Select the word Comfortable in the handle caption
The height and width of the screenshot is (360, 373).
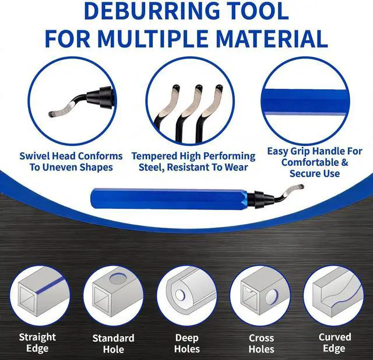[x=311, y=162]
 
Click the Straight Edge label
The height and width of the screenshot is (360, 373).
[x=37, y=342]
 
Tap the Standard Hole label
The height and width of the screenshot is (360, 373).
[x=113, y=344]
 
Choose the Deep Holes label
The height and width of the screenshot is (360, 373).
[x=186, y=343]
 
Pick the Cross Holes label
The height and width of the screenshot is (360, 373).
[x=261, y=344]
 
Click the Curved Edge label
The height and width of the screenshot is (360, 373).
[x=335, y=342]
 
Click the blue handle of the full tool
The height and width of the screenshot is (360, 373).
[x=170, y=198]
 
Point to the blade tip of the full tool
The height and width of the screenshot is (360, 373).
[x=301, y=187]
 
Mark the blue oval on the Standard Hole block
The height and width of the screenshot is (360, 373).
[x=118, y=278]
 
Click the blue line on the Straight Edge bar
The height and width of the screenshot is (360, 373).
[x=50, y=286]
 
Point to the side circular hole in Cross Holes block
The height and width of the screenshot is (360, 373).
[x=272, y=297]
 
